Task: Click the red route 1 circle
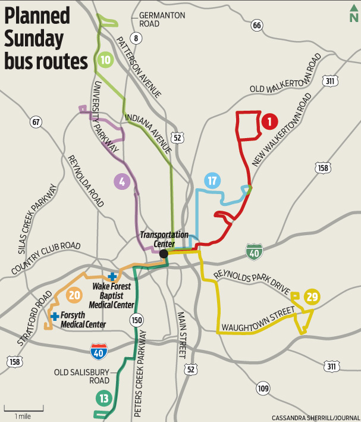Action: (269, 121)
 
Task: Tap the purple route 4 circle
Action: (121, 182)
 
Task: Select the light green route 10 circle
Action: (105, 60)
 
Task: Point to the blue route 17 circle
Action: (213, 181)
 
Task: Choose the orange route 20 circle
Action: (74, 295)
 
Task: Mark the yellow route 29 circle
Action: (312, 297)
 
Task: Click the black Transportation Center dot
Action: (164, 254)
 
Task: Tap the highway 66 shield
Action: (256, 25)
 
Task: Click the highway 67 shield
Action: (37, 123)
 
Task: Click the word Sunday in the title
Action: (34, 39)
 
